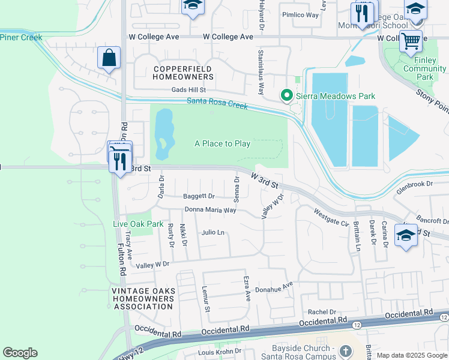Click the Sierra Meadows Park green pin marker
coord(287,95)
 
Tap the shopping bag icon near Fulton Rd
coord(109,58)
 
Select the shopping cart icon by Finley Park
coord(411,41)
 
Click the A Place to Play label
coord(222,143)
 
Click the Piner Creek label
coord(21,37)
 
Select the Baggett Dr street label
coord(199,196)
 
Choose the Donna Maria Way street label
coord(210,210)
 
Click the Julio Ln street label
coord(213,232)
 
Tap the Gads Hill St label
coord(189,90)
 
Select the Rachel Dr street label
coord(322,312)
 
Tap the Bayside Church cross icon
coord(346,350)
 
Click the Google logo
coord(20,353)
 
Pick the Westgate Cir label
coord(331,217)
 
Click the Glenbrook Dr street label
coord(414,187)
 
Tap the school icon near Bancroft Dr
coord(406,236)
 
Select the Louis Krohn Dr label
coord(220,351)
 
